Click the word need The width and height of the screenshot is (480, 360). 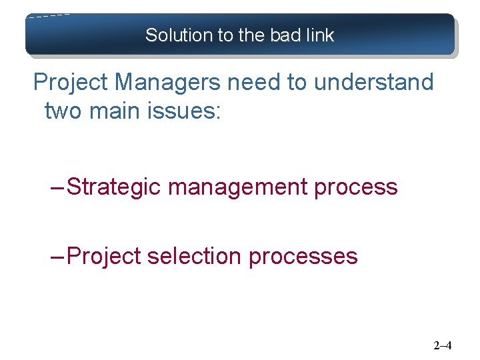tap(247, 83)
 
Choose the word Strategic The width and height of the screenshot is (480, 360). tap(114, 187)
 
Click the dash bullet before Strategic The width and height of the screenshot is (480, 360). tap(58, 187)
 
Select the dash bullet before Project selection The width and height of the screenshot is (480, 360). tap(58, 256)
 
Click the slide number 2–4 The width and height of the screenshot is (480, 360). tap(443, 345)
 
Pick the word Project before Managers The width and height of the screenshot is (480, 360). tap(71, 83)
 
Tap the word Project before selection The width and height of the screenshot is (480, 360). tap(105, 256)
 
